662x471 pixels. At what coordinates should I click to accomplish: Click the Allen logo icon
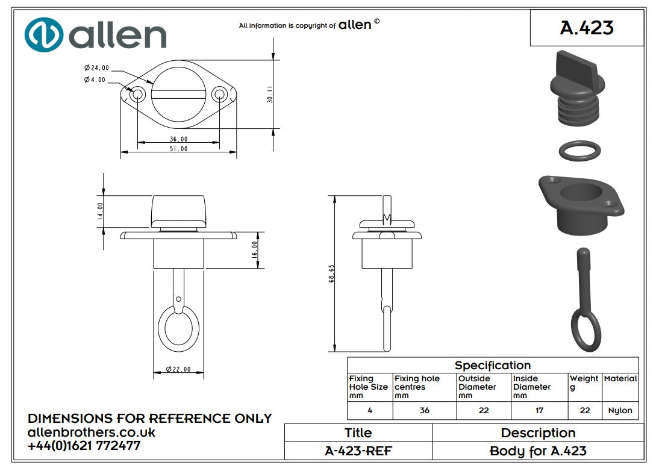point(44,35)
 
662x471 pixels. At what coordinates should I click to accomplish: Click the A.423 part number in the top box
point(586,28)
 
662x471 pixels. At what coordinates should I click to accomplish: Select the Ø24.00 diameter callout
point(96,68)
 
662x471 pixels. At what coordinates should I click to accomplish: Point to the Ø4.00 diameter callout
point(95,80)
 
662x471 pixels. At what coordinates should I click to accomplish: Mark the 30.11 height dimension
point(270,95)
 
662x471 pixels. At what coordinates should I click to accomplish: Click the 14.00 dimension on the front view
point(101,211)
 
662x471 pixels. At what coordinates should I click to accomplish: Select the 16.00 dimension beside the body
point(255,249)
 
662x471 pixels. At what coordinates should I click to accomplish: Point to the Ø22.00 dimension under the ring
point(178,369)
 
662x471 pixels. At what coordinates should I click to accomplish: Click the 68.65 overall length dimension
point(331,274)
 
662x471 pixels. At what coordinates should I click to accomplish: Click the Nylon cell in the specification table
point(620,411)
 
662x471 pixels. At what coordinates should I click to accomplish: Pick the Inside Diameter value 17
point(539,411)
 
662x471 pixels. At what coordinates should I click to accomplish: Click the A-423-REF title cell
point(358,451)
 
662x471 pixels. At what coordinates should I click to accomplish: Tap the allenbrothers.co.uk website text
point(92,432)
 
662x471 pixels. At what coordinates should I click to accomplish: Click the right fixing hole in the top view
point(220,94)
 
